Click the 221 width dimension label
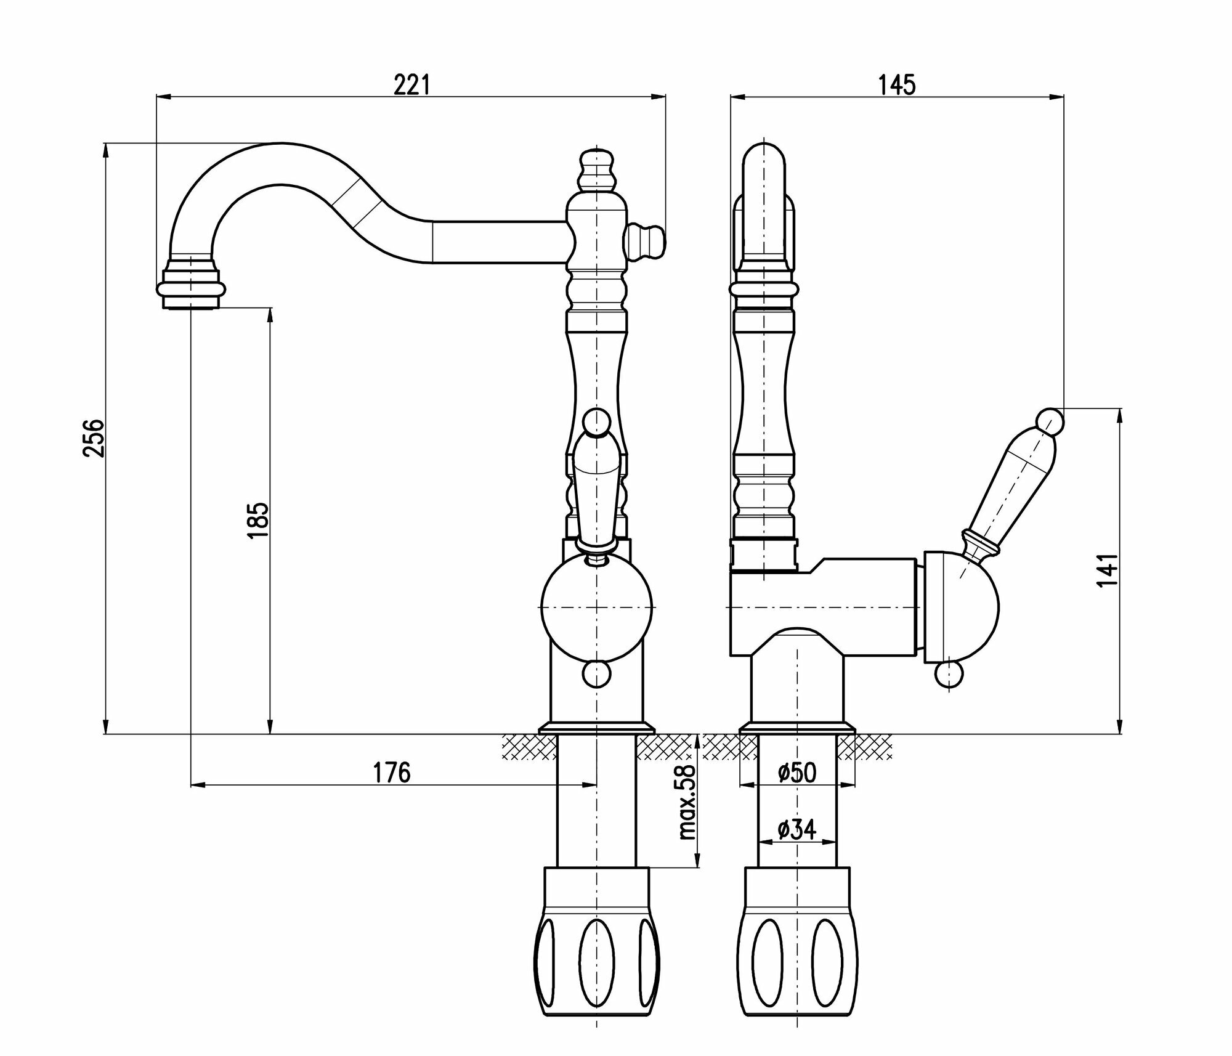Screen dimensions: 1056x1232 (x=411, y=85)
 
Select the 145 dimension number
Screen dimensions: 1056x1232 (x=898, y=85)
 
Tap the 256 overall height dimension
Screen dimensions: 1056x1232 (x=94, y=438)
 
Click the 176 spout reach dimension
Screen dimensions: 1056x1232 (x=392, y=772)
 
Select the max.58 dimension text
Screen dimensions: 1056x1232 (x=686, y=802)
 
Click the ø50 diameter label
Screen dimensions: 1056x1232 (x=796, y=773)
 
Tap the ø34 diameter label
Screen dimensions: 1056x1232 (x=796, y=831)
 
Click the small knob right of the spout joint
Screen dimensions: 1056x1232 (x=647, y=241)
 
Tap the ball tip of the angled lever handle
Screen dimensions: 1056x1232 (x=1050, y=421)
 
